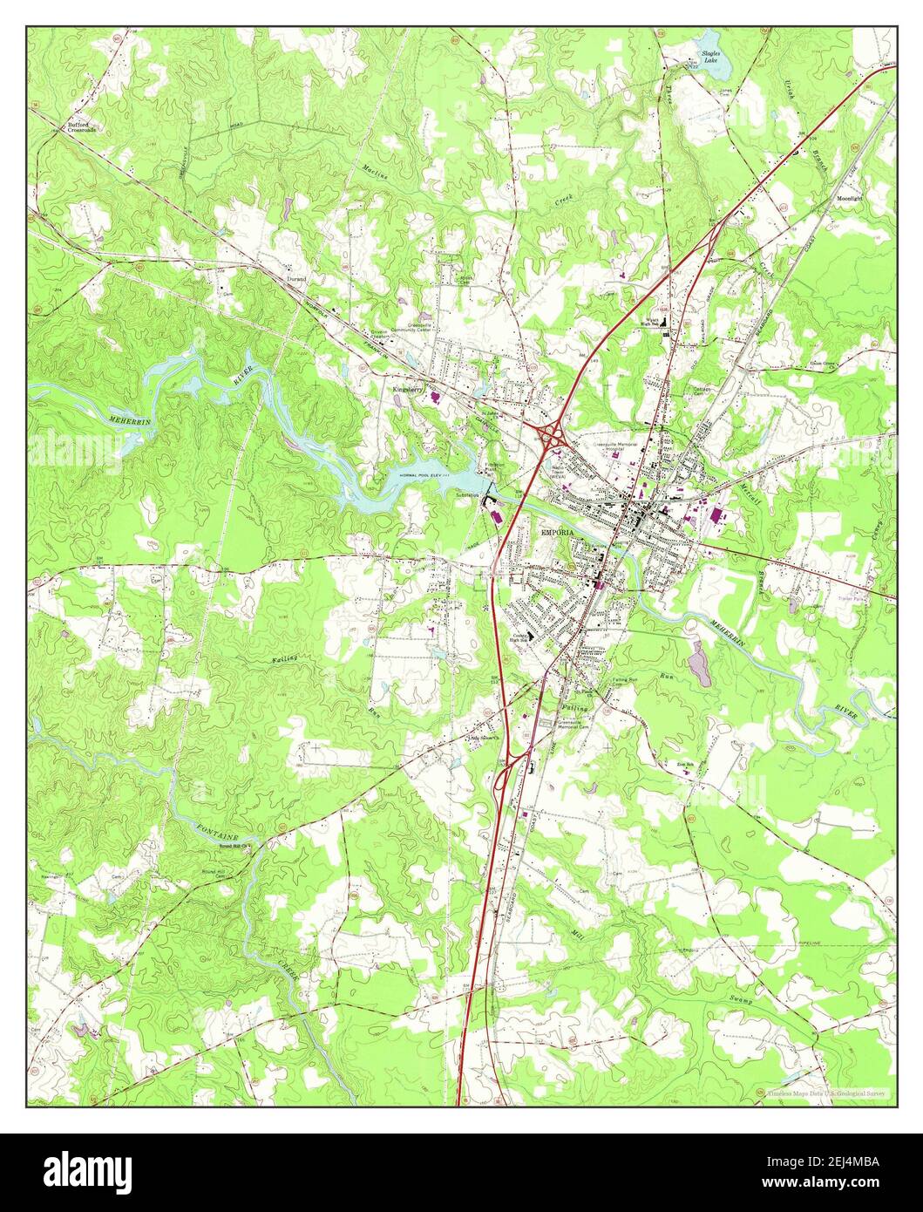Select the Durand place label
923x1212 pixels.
[x=295, y=279]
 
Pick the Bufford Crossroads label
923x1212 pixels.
[x=82, y=127]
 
